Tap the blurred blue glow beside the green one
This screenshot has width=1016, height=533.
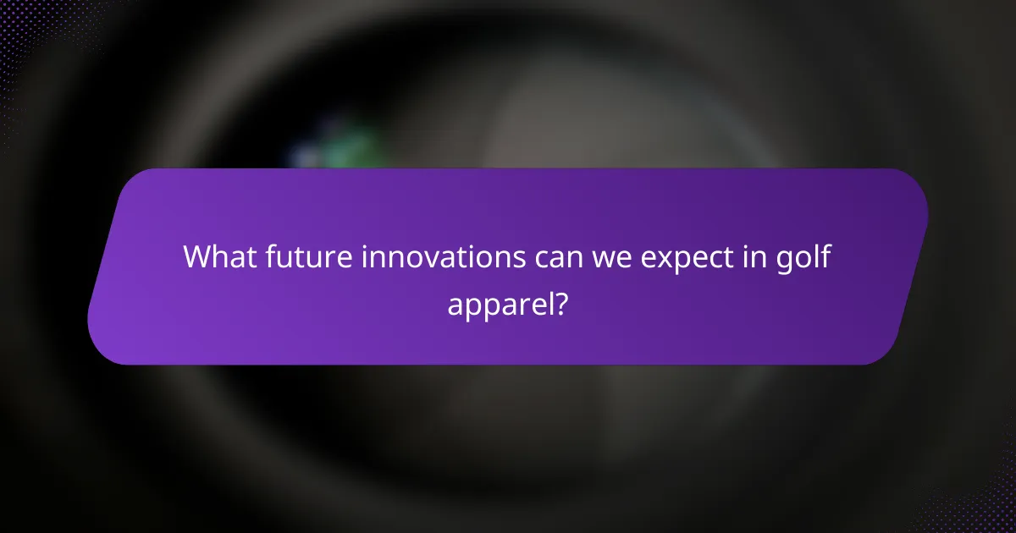305,157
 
